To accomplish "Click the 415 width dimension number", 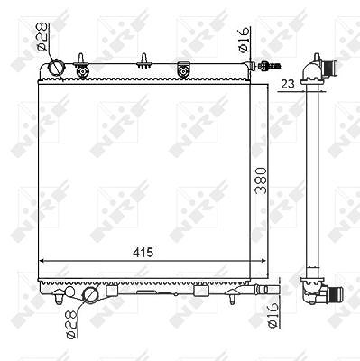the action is [143, 253].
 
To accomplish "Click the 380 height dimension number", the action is [261, 180].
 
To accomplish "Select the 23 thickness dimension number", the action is [288, 84].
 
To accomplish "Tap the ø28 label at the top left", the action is [42, 37].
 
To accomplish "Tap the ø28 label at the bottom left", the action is [72, 323].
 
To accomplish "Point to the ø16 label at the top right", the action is [245, 41].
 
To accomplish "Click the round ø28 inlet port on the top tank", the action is [56, 67].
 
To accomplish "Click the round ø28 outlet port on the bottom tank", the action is [90, 294].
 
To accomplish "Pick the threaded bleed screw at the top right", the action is [268, 65].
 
